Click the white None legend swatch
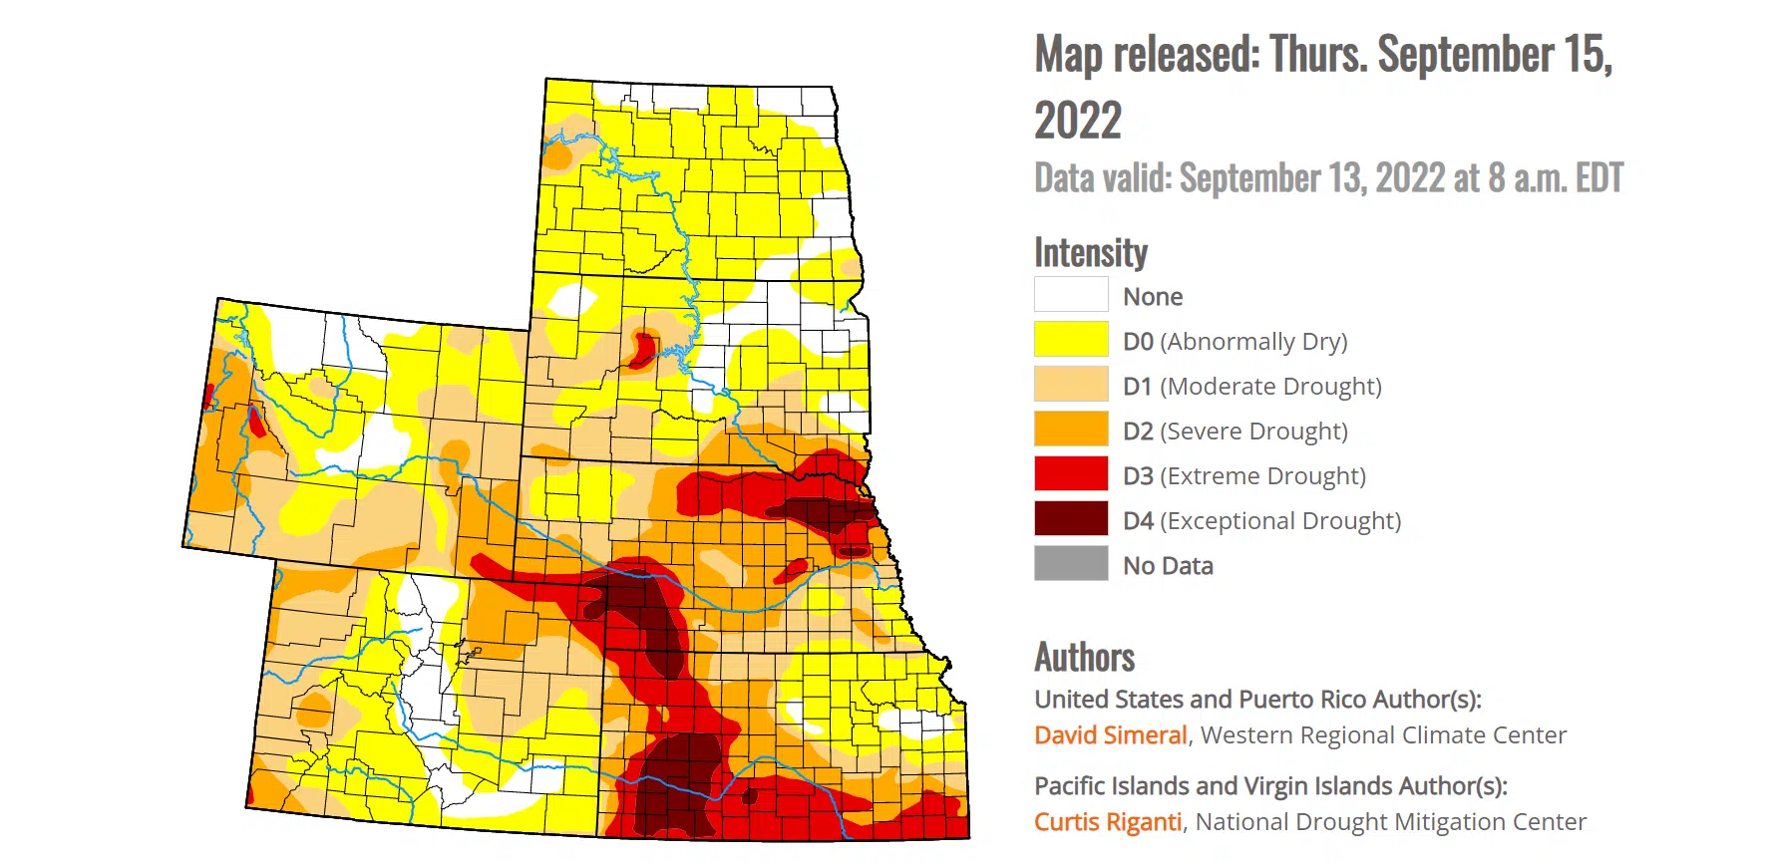1071,295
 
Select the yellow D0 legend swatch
1071,340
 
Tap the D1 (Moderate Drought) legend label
1251,386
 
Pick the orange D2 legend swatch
1071,430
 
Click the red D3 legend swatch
1071,474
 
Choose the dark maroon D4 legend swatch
1071,519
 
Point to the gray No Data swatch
1071,564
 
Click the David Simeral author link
1110,735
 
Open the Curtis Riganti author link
1107,822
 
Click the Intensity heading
1090,253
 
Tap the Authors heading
1084,658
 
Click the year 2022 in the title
1077,122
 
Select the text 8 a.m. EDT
1556,178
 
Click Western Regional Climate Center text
1383,735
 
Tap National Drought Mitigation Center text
1390,822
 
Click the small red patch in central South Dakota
641,349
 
